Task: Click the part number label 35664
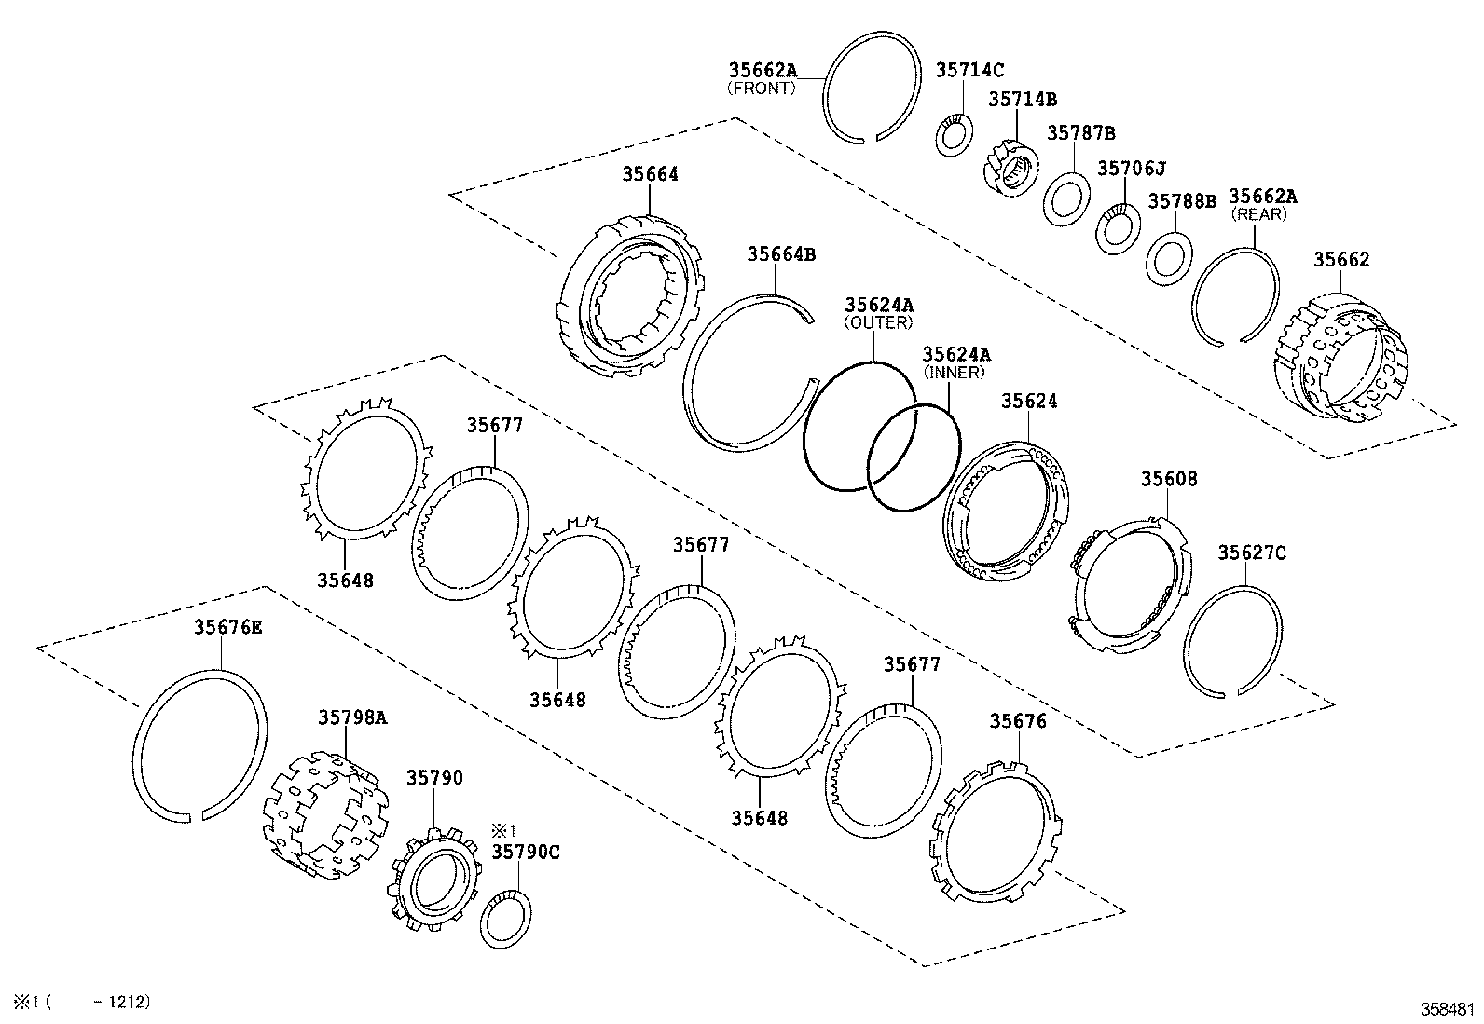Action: coord(650,174)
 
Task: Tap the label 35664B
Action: coord(781,254)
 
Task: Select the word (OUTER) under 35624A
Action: coord(878,322)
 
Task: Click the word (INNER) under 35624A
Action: coord(955,372)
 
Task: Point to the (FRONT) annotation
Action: coord(762,89)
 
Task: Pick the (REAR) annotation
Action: coord(1258,214)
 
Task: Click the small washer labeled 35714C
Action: coord(955,136)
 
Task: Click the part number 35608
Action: coord(1169,479)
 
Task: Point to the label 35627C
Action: coord(1251,553)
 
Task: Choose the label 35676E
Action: coord(227,627)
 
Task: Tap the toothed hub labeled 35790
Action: coord(433,881)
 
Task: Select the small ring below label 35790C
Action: coord(506,919)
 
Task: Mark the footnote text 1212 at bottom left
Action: coord(128,1002)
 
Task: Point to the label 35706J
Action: coord(1131,168)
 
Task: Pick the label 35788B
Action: coord(1181,200)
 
